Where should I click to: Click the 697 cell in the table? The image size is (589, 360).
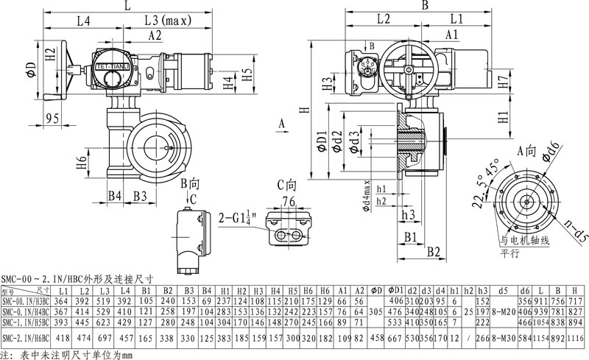(x=105, y=336)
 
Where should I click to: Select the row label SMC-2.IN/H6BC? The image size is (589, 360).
(x=27, y=336)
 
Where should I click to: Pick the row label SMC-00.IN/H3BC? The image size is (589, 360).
(x=27, y=300)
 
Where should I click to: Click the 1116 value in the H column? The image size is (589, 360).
(x=578, y=336)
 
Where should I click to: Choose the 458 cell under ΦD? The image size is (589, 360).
(x=376, y=336)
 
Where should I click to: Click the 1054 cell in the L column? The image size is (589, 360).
(x=544, y=322)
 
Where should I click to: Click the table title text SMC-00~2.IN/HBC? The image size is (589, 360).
(x=77, y=279)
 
